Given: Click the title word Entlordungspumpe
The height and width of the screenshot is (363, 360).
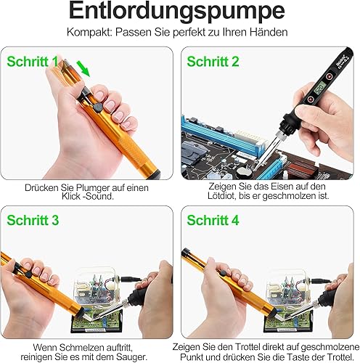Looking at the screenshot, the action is (177, 11).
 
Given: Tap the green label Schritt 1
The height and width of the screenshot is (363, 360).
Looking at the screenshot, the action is (33, 62).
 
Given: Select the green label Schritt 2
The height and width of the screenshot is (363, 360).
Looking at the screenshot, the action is (213, 62).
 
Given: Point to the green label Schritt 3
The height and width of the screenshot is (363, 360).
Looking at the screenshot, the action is (33, 220).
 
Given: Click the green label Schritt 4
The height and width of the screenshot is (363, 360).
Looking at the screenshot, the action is (213, 220).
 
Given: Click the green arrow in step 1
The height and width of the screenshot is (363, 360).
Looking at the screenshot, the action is (83, 68).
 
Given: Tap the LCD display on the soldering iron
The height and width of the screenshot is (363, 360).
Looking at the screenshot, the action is (320, 89).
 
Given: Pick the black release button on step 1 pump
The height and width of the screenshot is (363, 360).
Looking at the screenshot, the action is (97, 107).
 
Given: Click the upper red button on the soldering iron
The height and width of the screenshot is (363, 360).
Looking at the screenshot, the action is (329, 76).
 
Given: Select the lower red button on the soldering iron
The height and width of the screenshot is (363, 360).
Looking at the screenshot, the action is (311, 99).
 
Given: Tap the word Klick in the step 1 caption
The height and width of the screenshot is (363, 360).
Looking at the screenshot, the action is (71, 196).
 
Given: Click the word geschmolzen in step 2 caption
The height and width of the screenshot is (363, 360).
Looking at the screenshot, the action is (289, 196).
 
